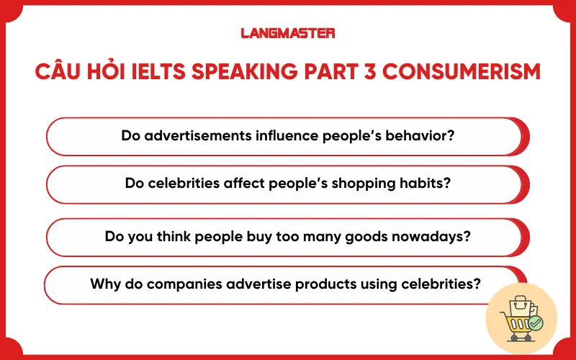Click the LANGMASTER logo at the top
tap(287, 32)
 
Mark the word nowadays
tap(438, 236)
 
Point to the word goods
tap(383, 236)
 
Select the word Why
tap(103, 284)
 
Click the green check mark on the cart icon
tap(535, 323)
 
